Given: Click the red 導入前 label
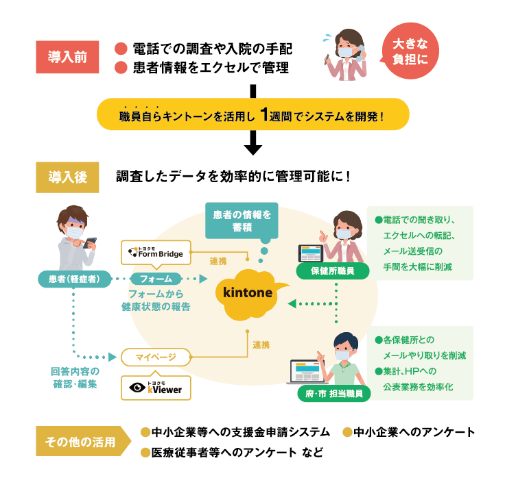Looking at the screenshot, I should (x=68, y=58).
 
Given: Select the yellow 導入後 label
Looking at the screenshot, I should (x=68, y=177).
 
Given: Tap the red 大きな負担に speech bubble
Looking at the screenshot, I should (x=409, y=51).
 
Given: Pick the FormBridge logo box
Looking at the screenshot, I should (x=156, y=253).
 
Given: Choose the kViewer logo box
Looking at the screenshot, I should (x=156, y=387).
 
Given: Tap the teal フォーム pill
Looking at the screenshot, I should (x=156, y=279).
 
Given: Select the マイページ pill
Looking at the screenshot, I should (x=156, y=357).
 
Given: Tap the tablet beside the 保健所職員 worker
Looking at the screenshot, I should (x=309, y=253).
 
